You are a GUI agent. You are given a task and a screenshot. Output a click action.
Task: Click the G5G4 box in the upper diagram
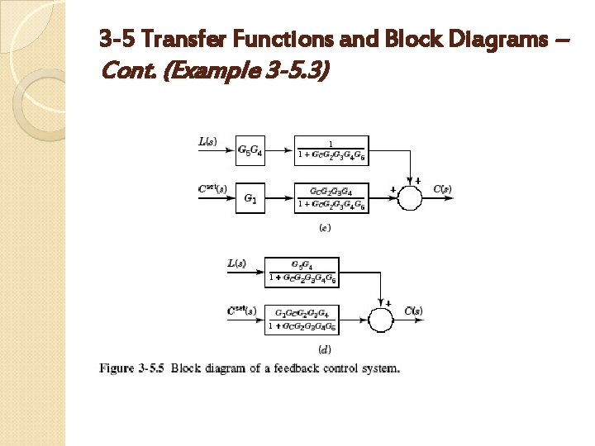[250, 150]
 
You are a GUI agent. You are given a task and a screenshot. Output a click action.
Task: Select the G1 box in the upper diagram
[250, 198]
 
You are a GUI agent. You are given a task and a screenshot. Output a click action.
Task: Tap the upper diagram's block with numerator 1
[331, 150]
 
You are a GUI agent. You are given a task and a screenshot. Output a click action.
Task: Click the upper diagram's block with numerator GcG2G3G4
[331, 198]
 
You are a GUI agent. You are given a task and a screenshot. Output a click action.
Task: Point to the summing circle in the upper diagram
[411, 198]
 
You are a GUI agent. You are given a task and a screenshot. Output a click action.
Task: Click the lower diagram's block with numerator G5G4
[302, 272]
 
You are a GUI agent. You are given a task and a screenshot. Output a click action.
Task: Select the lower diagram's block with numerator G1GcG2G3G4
[302, 319]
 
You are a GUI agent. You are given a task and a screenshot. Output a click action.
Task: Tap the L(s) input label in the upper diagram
[208, 141]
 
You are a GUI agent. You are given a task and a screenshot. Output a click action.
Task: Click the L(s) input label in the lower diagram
[237, 263]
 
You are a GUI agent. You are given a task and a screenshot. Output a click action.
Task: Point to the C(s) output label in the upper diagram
[442, 189]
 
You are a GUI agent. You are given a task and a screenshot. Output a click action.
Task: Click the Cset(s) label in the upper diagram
[212, 189]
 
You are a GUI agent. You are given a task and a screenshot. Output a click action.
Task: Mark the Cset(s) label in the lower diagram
[241, 311]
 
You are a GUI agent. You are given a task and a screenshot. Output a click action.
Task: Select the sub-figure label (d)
[326, 349]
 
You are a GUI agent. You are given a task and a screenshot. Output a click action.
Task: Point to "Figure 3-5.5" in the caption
[131, 368]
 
